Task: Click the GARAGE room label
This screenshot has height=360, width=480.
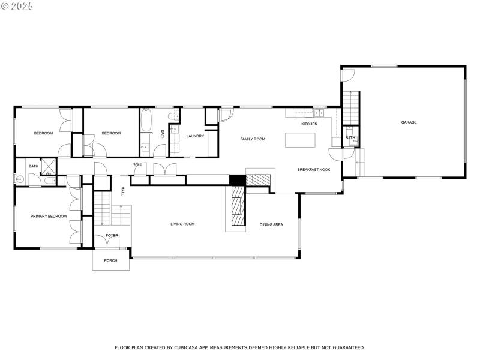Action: click(409, 122)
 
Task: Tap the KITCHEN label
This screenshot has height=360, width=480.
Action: click(309, 124)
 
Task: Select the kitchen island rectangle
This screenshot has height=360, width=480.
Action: click(299, 140)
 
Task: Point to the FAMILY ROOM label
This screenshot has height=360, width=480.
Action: click(253, 139)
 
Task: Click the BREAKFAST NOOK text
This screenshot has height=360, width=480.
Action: click(314, 170)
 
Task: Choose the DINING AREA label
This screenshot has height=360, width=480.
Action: click(271, 224)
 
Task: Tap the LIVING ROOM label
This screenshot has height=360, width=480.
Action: click(182, 224)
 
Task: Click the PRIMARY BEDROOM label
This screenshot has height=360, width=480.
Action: click(49, 216)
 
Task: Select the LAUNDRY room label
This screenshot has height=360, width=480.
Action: click(195, 136)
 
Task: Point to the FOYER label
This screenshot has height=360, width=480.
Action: click(112, 236)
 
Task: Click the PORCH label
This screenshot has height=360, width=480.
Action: click(110, 260)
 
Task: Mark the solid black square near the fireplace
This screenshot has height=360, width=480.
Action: click(238, 179)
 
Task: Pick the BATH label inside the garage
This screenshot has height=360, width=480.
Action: click(350, 138)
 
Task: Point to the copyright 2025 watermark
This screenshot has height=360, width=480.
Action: click(17, 5)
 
